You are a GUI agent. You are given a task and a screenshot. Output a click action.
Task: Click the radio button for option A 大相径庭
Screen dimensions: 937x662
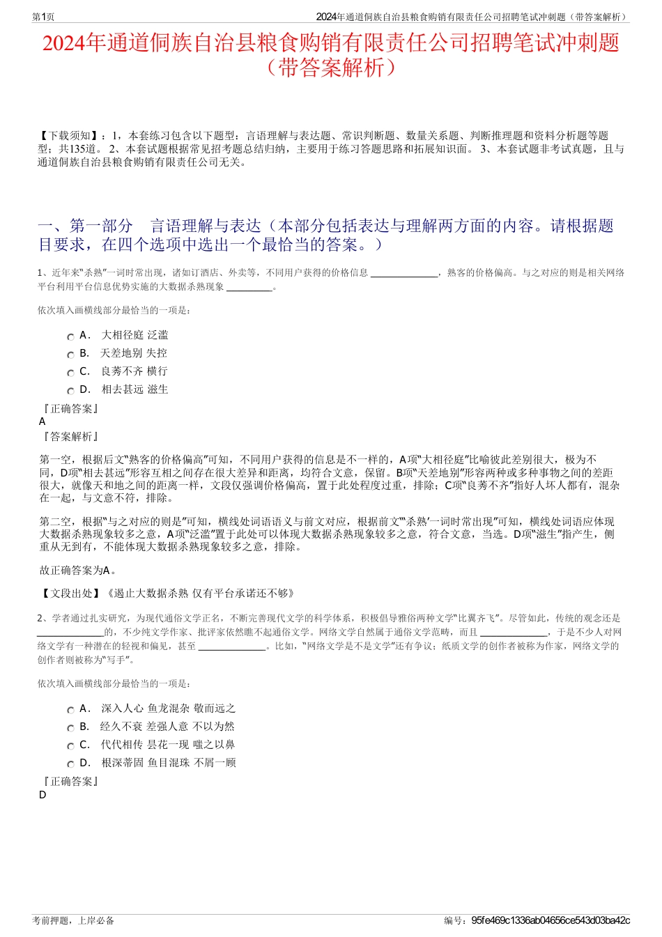pyautogui.click(x=70, y=336)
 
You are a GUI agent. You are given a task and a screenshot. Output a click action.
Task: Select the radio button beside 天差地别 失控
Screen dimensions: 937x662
pyautogui.click(x=70, y=355)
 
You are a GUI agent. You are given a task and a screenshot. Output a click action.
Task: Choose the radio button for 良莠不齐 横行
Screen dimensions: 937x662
pyautogui.click(x=70, y=373)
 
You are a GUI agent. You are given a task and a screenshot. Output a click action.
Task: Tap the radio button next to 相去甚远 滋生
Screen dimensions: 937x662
pyautogui.click(x=70, y=391)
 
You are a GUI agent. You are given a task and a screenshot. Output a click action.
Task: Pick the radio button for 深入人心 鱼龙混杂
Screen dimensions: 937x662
pyautogui.click(x=70, y=710)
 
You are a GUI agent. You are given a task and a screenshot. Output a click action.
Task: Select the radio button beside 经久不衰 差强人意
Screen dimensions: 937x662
pyautogui.click(x=70, y=728)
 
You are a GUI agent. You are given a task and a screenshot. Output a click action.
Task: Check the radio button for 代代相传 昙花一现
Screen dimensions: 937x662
pyautogui.click(x=70, y=746)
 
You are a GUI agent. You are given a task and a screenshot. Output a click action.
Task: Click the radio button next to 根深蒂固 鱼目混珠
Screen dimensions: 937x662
pyautogui.click(x=70, y=764)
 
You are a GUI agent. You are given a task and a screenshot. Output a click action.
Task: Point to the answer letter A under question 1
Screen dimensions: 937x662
pyautogui.click(x=43, y=421)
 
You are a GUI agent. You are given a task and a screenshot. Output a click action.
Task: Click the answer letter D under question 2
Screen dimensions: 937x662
pyautogui.click(x=43, y=795)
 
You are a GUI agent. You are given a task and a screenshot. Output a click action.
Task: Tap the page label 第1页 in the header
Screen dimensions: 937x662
pyautogui.click(x=43, y=17)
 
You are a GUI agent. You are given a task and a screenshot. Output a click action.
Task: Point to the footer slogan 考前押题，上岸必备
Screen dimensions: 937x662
pyautogui.click(x=73, y=920)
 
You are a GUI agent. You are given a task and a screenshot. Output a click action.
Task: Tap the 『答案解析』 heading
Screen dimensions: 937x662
pyautogui.click(x=70, y=436)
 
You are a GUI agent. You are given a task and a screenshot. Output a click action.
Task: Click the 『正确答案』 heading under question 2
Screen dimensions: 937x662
pyautogui.click(x=70, y=782)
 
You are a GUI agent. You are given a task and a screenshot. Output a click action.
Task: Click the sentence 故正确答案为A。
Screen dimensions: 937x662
pyautogui.click(x=78, y=571)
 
